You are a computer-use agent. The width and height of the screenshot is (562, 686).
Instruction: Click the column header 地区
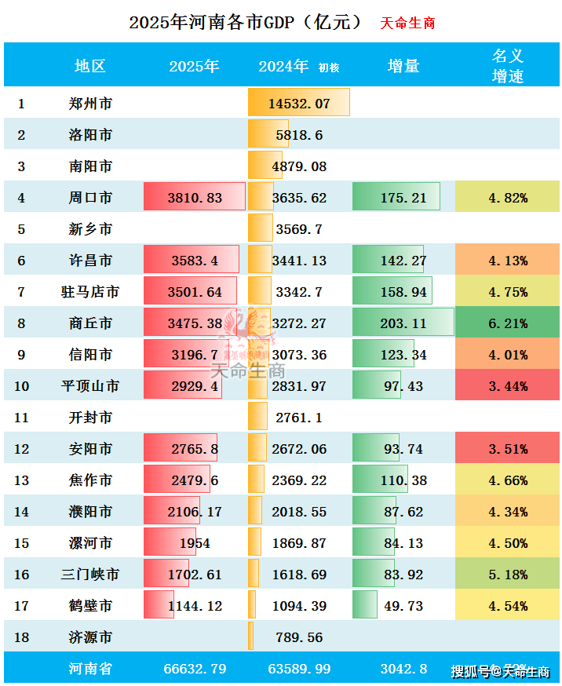coord(89,66)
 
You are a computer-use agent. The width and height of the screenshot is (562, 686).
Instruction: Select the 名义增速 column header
coord(507,66)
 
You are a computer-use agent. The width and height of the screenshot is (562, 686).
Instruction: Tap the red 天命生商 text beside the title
coord(407,23)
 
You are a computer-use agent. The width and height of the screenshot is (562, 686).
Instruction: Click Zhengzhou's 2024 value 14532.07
coord(299,104)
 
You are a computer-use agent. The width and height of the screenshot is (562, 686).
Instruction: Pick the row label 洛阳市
coord(89,135)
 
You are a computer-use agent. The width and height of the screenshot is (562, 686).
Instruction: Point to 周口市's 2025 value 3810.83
coord(195,198)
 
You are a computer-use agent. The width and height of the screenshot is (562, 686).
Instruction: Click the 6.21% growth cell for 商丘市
coord(507,323)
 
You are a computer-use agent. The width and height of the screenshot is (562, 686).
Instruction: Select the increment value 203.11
coord(403,323)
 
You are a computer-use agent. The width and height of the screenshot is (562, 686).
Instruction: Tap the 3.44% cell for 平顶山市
coord(507,386)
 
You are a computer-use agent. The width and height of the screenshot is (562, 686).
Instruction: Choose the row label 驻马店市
coord(89,292)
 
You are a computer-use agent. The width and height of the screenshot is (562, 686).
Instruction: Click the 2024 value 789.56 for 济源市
coord(299,637)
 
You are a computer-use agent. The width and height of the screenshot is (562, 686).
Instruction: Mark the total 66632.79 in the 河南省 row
coord(195,670)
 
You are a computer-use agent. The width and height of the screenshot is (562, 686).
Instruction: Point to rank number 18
coord(22,637)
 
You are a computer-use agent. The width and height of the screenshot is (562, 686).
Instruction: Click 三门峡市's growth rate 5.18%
coord(507,575)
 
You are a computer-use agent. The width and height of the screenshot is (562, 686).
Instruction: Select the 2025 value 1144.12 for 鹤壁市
coord(195,606)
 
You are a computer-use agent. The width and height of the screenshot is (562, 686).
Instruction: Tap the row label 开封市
coord(89,418)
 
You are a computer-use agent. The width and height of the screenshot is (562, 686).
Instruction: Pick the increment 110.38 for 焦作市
coord(403,480)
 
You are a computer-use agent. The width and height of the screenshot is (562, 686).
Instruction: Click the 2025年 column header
coord(194,66)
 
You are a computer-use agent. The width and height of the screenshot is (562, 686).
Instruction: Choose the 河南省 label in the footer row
coord(89,670)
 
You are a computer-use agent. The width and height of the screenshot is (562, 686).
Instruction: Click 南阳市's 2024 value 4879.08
coord(299,166)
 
